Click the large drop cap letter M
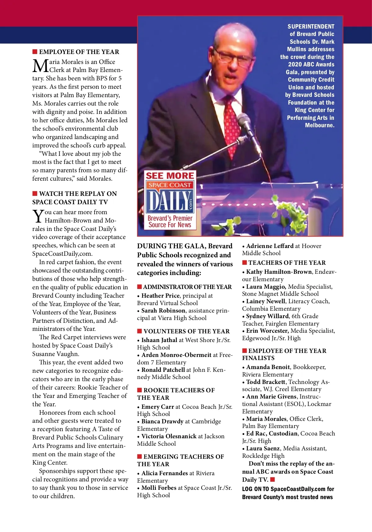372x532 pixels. coord(40,66)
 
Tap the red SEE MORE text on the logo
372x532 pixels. coord(170,176)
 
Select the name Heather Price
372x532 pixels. coord(160,296)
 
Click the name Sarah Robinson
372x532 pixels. coord(163,311)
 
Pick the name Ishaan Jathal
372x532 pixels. coord(159,340)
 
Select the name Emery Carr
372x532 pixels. coord(157,407)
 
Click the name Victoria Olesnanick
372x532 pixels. coord(169,436)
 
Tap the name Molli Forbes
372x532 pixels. coord(159,488)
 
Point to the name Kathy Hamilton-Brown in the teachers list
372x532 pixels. coord(279,272)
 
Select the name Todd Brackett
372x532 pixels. coord(266,382)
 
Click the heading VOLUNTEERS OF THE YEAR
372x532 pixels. coord(187,331)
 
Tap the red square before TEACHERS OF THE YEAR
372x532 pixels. coord(245,263)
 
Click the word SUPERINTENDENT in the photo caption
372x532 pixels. coord(311,27)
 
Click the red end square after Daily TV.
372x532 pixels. coord(272,480)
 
